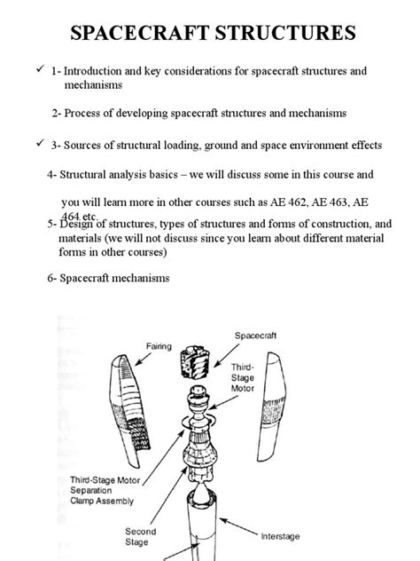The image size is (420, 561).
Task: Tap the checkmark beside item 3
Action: pyautogui.click(x=38, y=142)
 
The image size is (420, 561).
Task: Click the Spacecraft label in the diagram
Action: pyautogui.click(x=258, y=336)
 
